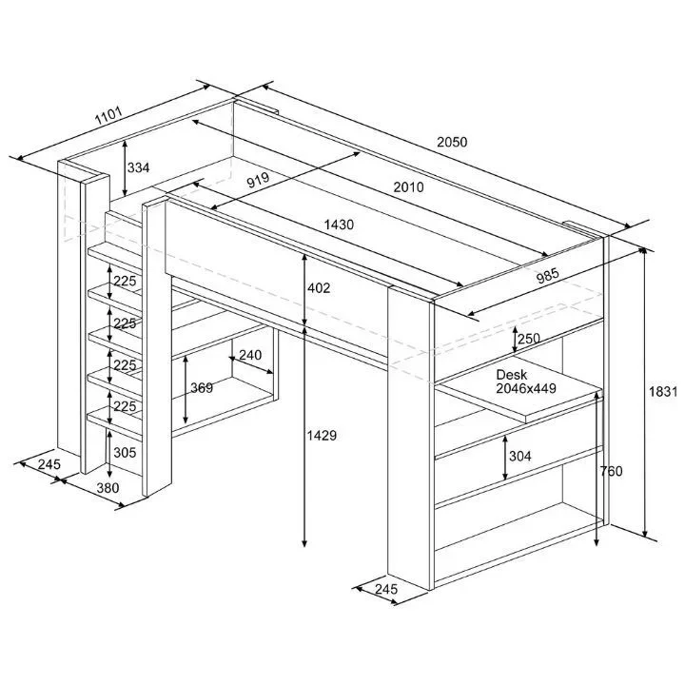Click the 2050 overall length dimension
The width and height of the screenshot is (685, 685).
click(452, 142)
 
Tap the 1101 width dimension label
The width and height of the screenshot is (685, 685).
click(108, 115)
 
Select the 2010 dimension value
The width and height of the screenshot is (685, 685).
click(408, 187)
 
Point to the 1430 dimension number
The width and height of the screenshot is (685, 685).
click(339, 225)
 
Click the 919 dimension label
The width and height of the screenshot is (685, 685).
click(258, 180)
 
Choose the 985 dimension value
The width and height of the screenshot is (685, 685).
click(547, 275)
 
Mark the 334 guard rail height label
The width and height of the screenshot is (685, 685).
click(138, 167)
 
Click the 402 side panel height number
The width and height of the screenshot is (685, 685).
click(319, 288)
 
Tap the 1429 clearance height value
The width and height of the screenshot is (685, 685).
click(322, 435)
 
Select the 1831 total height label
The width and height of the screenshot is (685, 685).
click(663, 391)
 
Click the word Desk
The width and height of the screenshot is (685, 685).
click(512, 375)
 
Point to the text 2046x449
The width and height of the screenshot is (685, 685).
click(526, 388)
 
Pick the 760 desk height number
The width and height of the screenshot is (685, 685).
click(611, 471)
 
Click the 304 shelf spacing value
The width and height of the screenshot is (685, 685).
click(520, 456)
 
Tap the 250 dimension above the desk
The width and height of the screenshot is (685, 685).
click(529, 338)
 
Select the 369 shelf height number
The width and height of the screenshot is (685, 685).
click(202, 387)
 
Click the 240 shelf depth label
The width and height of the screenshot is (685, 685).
click(250, 355)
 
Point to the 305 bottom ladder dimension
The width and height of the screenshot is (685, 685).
click(125, 452)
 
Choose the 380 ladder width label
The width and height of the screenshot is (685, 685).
click(108, 487)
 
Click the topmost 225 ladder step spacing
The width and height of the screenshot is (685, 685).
click(125, 281)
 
